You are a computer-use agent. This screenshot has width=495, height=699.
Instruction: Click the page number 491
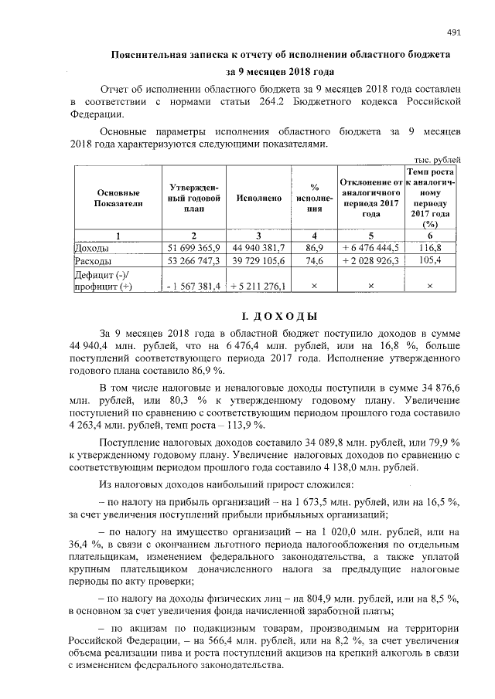(x=454, y=32)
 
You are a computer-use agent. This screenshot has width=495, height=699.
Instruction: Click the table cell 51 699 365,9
(x=194, y=247)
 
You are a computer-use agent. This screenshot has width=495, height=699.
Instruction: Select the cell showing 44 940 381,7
(x=259, y=247)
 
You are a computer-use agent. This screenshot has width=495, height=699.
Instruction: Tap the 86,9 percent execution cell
(x=314, y=247)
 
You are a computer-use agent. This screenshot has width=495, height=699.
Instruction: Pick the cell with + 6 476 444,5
(x=370, y=247)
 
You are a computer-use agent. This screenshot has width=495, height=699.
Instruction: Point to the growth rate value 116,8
(x=430, y=247)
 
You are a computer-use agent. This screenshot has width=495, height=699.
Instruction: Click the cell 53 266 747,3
(x=194, y=261)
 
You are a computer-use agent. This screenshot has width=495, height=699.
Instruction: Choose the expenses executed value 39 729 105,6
(x=259, y=261)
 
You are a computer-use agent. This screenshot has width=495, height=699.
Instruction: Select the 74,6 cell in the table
(x=314, y=261)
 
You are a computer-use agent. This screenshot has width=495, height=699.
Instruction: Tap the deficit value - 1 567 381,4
(x=194, y=287)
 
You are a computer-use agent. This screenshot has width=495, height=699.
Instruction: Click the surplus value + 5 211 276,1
(x=259, y=287)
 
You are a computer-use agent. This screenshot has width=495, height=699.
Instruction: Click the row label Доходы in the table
(x=91, y=248)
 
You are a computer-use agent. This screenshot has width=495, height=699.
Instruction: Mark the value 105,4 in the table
(x=430, y=261)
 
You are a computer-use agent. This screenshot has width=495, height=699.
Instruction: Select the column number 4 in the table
(x=314, y=235)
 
